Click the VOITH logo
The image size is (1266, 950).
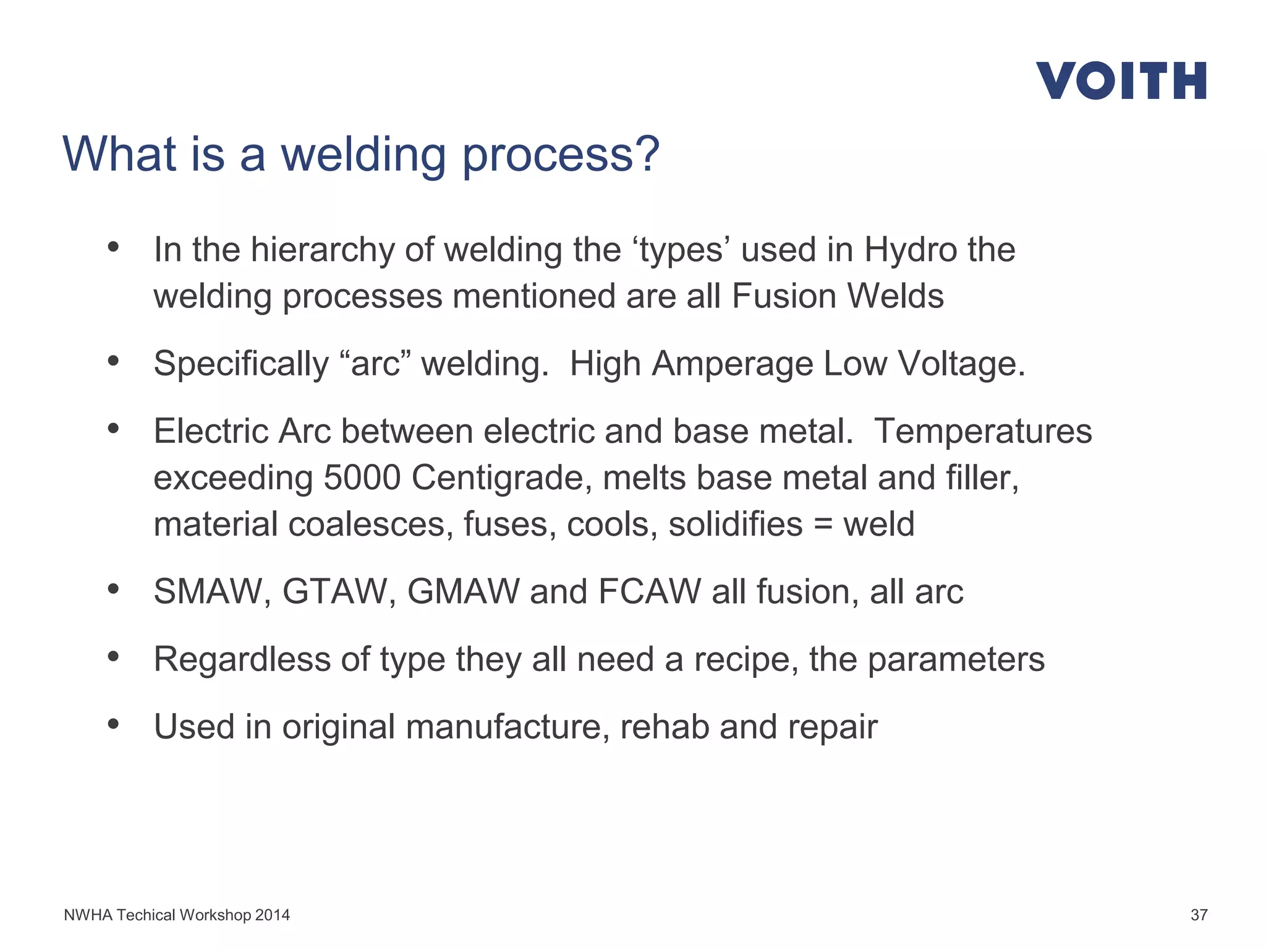[1121, 80]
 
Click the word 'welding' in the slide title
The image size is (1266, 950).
[363, 155]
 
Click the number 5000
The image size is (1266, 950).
[362, 478]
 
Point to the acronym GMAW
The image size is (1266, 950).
[463, 592]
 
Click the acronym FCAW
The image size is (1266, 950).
[649, 592]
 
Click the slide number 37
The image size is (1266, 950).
[1199, 915]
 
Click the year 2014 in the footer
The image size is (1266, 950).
[272, 915]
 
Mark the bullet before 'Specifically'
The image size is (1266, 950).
[113, 361]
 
